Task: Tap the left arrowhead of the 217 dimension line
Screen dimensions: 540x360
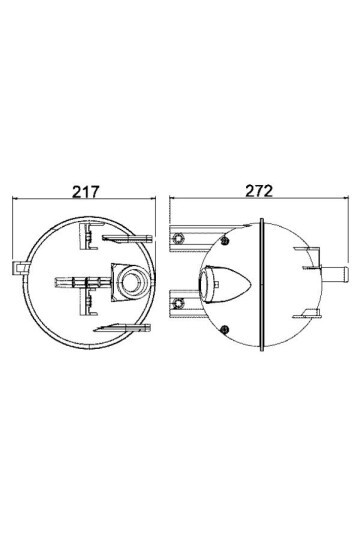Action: click(x=16, y=200)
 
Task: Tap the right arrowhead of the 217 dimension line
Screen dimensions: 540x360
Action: click(x=155, y=200)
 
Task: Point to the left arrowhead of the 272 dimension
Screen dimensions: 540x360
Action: click(x=173, y=200)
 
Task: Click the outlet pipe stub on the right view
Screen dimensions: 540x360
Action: click(x=333, y=271)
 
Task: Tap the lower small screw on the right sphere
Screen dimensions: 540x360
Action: click(x=227, y=330)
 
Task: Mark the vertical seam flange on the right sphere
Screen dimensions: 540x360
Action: click(x=262, y=285)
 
